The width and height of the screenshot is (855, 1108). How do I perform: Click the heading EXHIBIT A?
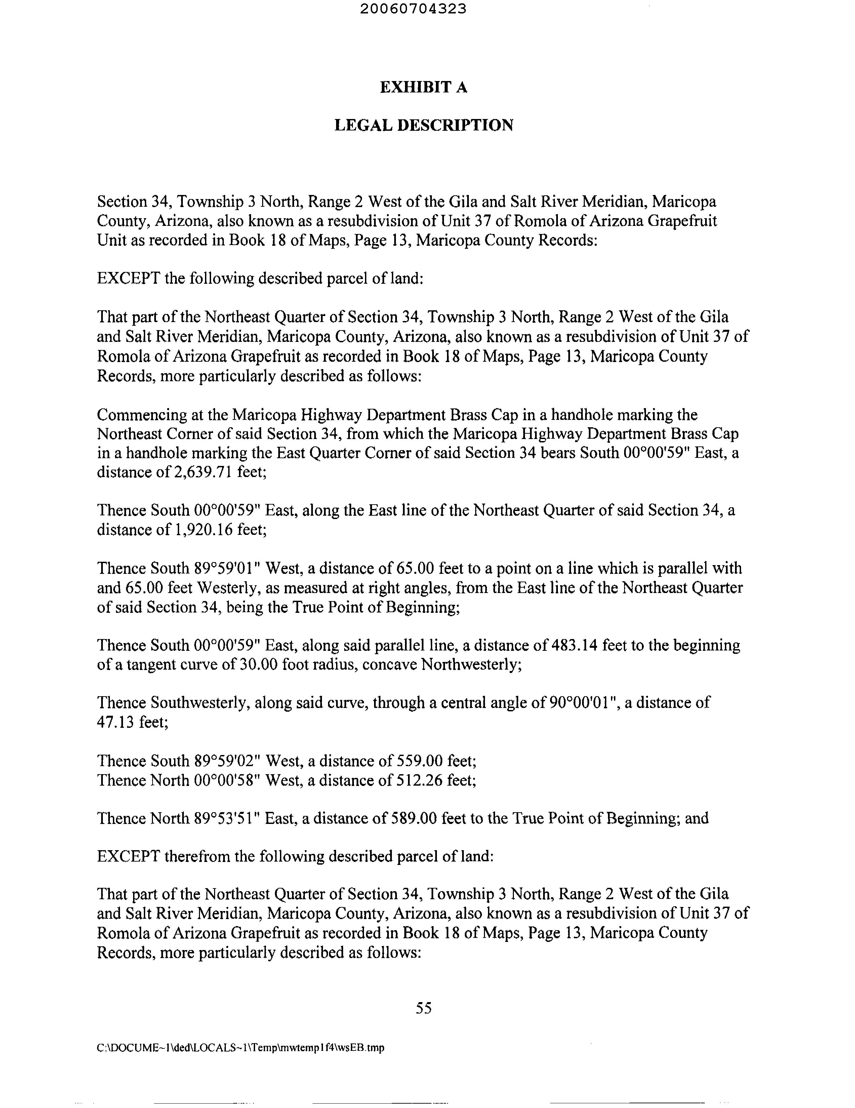pos(423,88)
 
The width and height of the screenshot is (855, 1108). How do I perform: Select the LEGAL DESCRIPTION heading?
pos(423,125)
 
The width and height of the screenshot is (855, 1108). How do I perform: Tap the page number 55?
pos(423,1008)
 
